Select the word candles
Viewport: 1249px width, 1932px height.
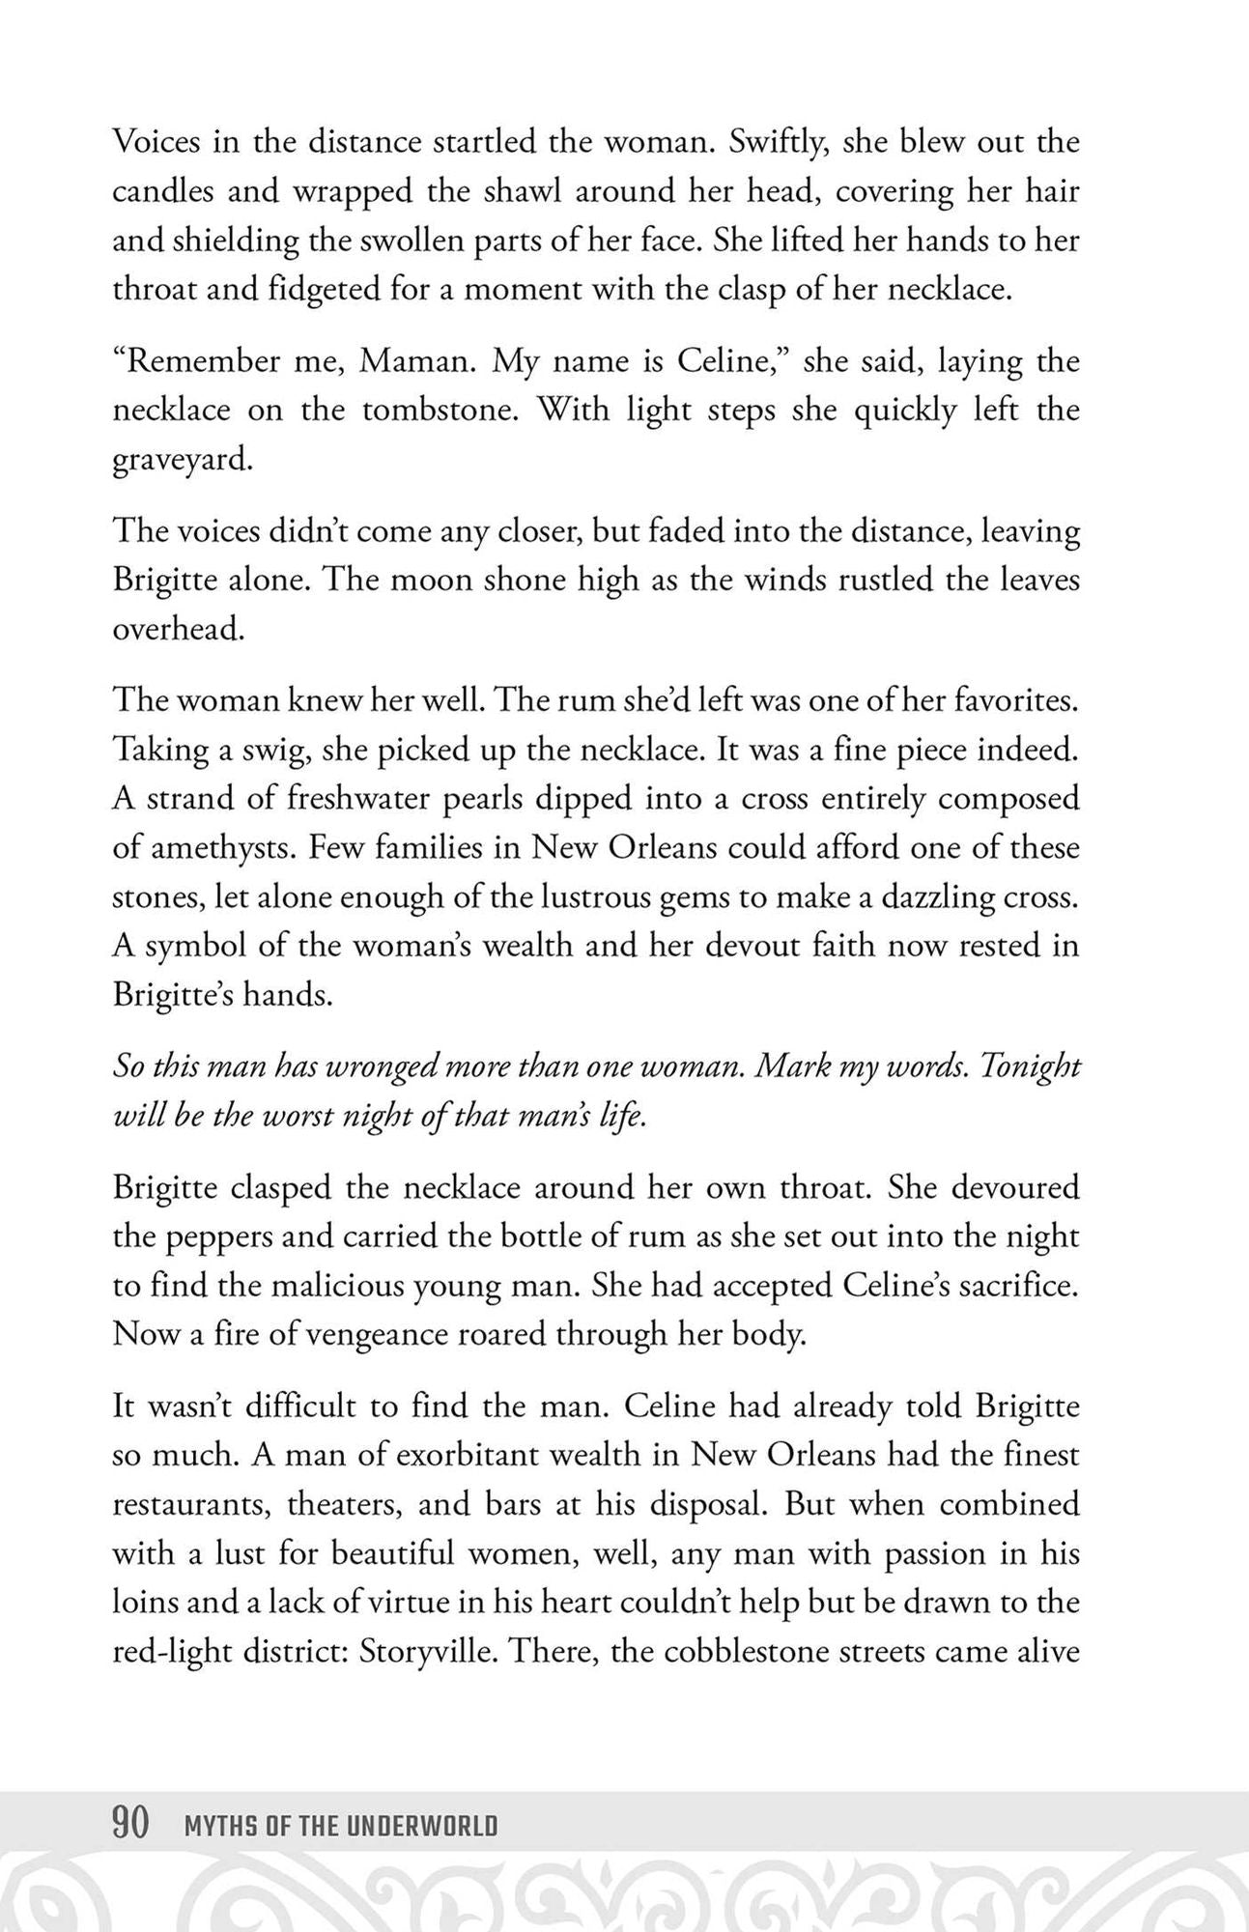pos(161,190)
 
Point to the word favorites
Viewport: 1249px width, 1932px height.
pos(1014,699)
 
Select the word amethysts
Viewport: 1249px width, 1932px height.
pos(219,847)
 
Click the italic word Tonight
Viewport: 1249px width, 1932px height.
pos(1031,1065)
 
